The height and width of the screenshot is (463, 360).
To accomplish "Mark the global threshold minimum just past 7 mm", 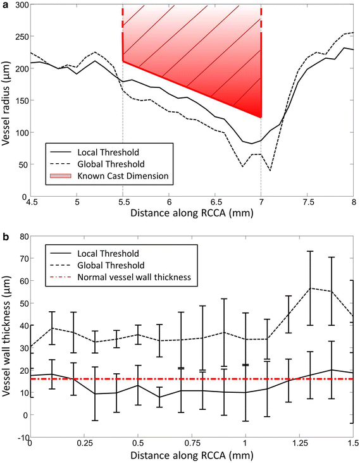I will point(270,170).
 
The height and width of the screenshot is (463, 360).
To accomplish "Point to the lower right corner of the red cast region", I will point(261,118).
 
